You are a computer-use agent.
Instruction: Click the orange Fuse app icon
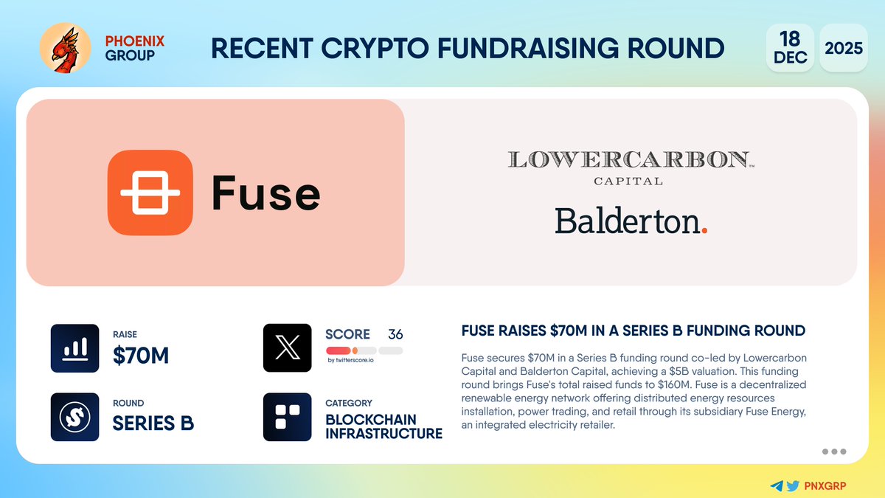(150, 193)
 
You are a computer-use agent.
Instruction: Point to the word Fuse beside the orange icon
(265, 193)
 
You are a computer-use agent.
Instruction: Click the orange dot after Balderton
(704, 230)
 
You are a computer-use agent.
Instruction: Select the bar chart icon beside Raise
(74, 348)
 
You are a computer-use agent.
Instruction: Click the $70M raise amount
(141, 356)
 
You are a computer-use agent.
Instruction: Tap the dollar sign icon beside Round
(74, 417)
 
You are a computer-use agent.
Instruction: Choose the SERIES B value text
(153, 424)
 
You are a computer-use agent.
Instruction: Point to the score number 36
(395, 334)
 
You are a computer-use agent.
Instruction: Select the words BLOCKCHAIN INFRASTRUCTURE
(383, 426)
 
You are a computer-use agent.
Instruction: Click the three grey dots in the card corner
(833, 452)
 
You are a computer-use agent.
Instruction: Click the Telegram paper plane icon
(776, 486)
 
